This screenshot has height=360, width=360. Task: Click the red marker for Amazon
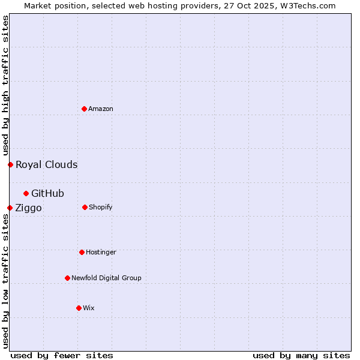click(84, 109)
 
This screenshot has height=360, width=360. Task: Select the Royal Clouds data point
click(10, 164)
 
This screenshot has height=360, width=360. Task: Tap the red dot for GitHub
click(26, 193)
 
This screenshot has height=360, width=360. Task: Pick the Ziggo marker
click(10, 208)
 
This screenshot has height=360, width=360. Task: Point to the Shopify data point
click(85, 207)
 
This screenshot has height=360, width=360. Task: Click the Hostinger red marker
click(82, 252)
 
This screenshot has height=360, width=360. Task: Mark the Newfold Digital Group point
click(67, 278)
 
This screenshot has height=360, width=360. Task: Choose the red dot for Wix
click(79, 308)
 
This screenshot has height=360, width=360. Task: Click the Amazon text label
click(101, 109)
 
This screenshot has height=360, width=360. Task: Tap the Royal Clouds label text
click(46, 164)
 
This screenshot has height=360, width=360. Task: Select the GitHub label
click(47, 193)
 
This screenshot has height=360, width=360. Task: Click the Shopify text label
click(100, 207)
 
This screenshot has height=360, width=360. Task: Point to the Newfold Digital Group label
click(106, 278)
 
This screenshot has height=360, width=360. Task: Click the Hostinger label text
click(101, 252)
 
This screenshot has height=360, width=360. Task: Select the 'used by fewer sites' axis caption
click(62, 355)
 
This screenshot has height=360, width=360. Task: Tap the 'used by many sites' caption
click(301, 355)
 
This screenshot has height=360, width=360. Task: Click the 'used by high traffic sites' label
click(5, 85)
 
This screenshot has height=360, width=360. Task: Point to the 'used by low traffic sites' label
click(5, 280)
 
